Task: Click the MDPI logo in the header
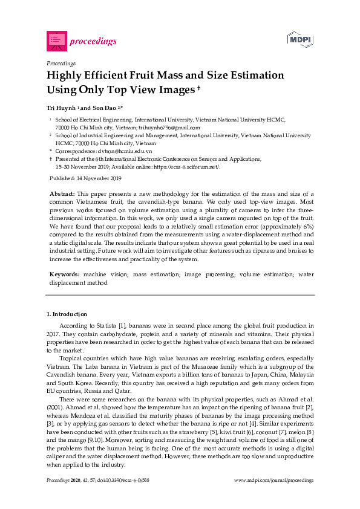(299, 40)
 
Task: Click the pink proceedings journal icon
(56, 41)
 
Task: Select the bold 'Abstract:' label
(62, 194)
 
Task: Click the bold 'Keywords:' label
(65, 274)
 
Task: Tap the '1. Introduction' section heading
(67, 314)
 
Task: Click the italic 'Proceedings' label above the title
(61, 63)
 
